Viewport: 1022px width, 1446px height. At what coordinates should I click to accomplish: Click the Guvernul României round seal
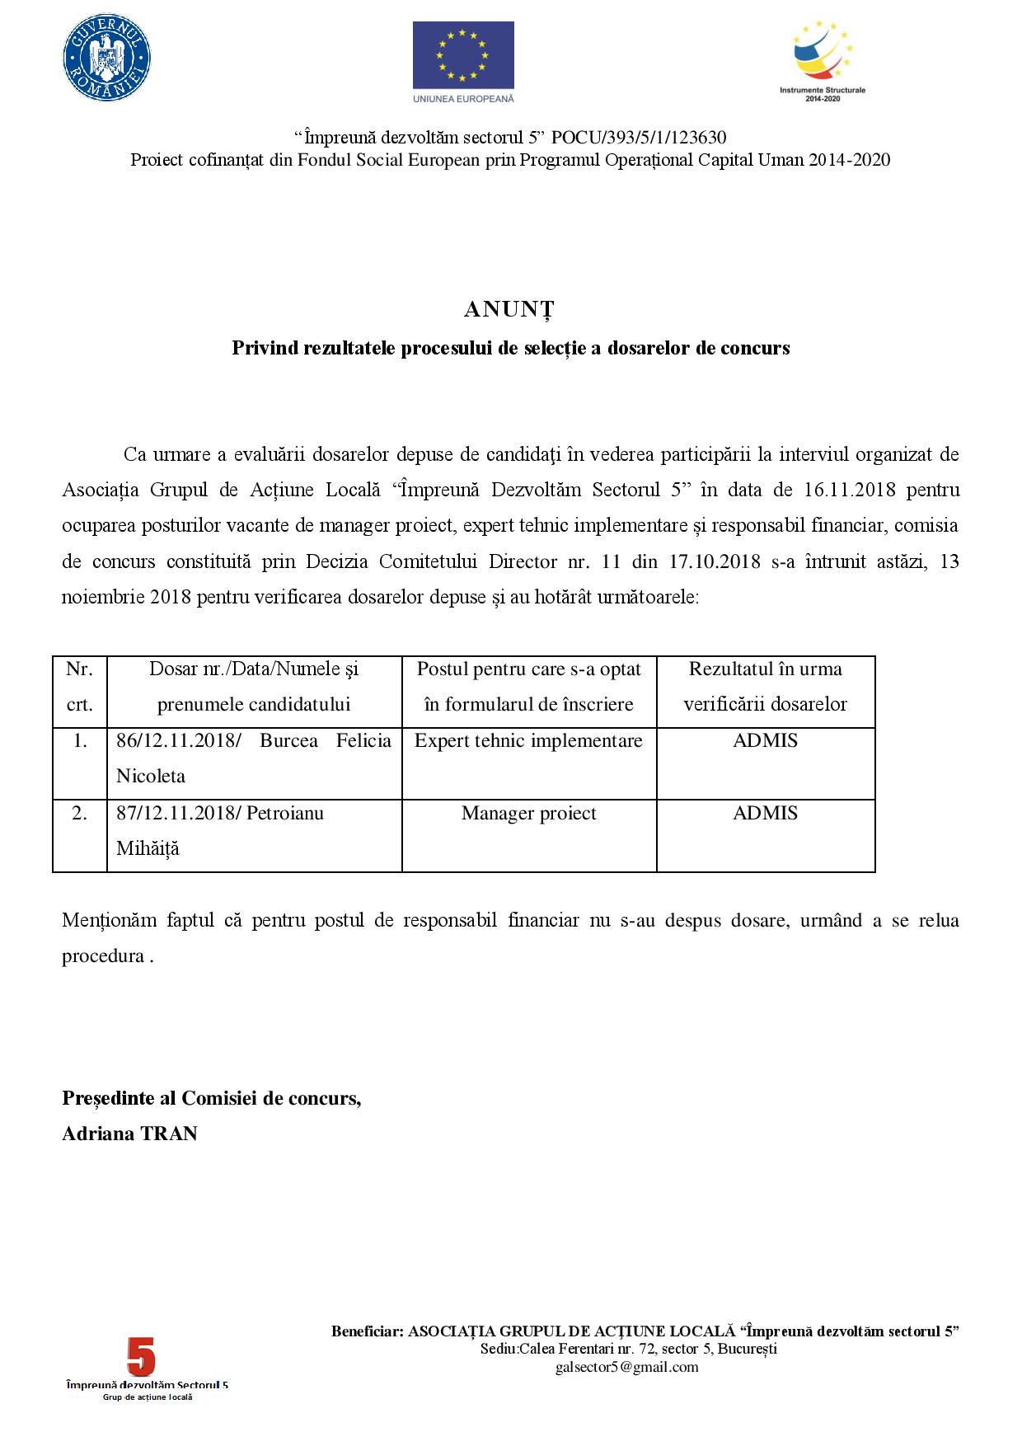(107, 59)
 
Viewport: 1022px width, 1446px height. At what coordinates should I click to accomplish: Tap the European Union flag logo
(463, 55)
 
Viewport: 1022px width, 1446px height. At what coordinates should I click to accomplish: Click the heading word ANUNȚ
(509, 309)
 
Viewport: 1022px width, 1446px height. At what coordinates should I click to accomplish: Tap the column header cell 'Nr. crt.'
(79, 687)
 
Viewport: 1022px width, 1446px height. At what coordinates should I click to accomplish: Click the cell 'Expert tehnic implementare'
(528, 740)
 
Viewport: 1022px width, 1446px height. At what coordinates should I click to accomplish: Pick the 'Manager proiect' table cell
(528, 813)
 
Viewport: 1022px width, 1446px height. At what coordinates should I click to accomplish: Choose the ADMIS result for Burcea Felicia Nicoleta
(765, 740)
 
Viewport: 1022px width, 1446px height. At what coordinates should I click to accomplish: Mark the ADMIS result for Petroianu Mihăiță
(765, 813)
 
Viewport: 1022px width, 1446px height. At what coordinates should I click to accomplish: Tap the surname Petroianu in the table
(285, 813)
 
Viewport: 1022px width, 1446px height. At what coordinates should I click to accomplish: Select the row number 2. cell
(79, 813)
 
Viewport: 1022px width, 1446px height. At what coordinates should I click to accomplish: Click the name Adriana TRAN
(129, 1134)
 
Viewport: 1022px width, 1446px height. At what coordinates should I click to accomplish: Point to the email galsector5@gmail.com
(626, 1367)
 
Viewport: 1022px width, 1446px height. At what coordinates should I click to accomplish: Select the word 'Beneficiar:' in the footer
(368, 1331)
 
